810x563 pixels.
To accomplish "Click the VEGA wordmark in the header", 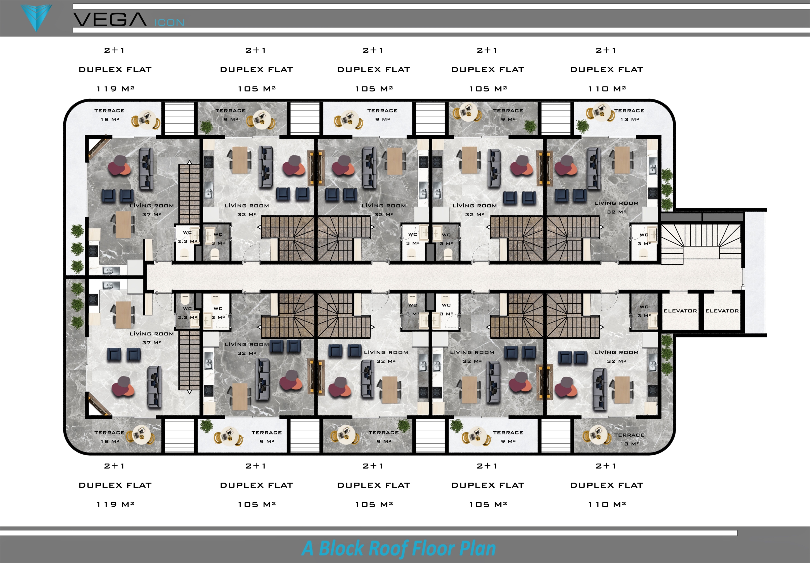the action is pyautogui.click(x=109, y=20).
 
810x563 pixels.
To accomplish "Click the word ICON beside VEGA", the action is pyautogui.click(x=169, y=22).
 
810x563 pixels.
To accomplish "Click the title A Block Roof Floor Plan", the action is pyautogui.click(x=399, y=548).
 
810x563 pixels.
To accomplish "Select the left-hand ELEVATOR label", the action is pyautogui.click(x=680, y=311).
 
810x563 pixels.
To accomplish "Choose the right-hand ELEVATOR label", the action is pyautogui.click(x=722, y=311).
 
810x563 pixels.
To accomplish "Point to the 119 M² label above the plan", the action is pyautogui.click(x=115, y=89).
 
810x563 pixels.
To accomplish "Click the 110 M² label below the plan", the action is pyautogui.click(x=607, y=504).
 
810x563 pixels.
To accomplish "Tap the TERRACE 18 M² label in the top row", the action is pyautogui.click(x=109, y=115).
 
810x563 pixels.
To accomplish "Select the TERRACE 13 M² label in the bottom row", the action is pyautogui.click(x=629, y=439).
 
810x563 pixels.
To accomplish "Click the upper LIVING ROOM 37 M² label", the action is pyautogui.click(x=152, y=210).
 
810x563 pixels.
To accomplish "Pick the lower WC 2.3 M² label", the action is pyautogui.click(x=187, y=313).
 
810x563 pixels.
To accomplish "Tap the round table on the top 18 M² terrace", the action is pyautogui.click(x=146, y=118).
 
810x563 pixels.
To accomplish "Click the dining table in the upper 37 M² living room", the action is pyautogui.click(x=123, y=225).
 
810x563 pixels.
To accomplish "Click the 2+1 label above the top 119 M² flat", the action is pyautogui.click(x=114, y=50).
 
